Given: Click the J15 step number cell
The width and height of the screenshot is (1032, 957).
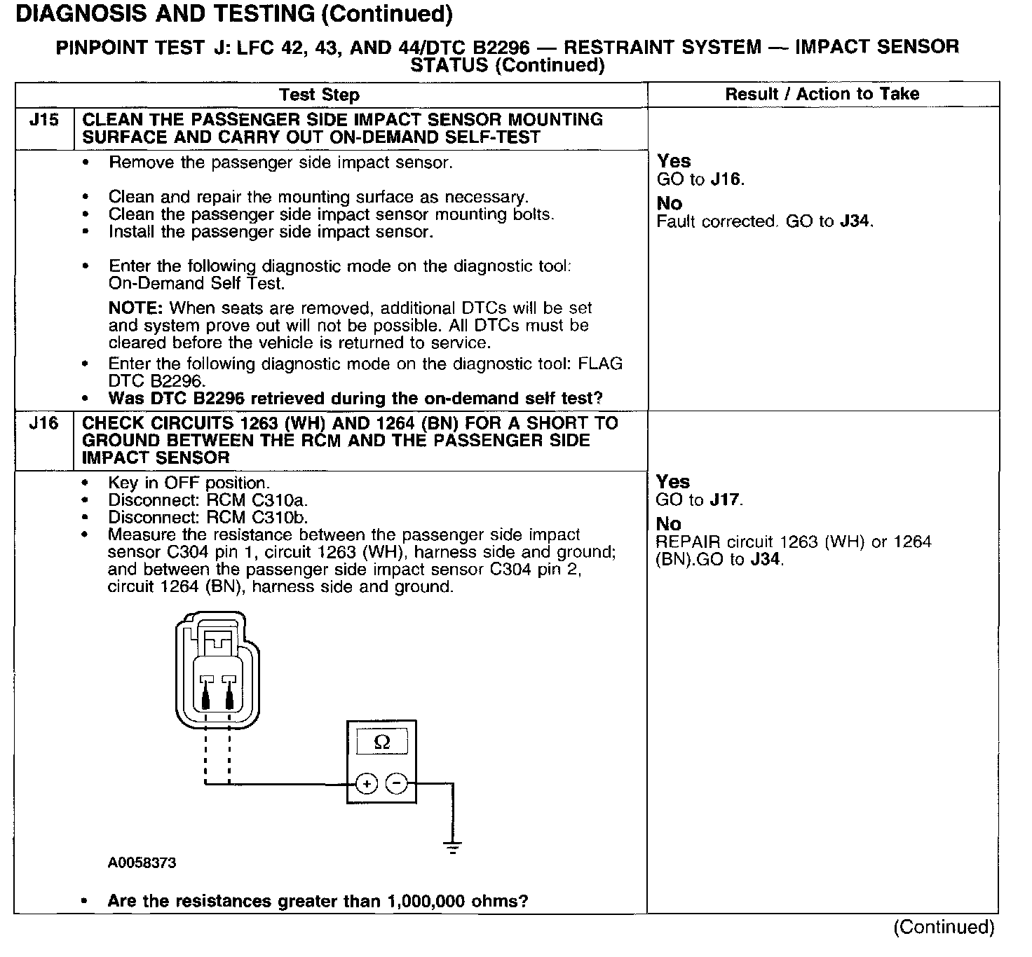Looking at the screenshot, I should pyautogui.click(x=43, y=120).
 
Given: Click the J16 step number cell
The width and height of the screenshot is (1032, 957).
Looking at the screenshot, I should pyautogui.click(x=43, y=423).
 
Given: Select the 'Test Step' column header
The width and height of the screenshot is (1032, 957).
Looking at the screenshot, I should pyautogui.click(x=319, y=95).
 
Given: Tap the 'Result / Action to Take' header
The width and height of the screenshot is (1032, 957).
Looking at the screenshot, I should pyautogui.click(x=822, y=94).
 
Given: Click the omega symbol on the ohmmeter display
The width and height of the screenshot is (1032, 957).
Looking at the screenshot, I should pyautogui.click(x=381, y=743).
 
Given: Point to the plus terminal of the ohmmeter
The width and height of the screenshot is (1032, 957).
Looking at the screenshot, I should pyautogui.click(x=367, y=783).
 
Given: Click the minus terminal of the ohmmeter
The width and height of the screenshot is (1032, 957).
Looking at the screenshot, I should pyautogui.click(x=397, y=783).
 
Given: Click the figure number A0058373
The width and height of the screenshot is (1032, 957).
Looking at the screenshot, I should pyautogui.click(x=142, y=863).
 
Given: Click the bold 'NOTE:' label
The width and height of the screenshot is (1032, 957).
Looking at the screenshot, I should pyautogui.click(x=136, y=308).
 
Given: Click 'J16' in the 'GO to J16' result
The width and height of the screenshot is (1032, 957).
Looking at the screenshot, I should pyautogui.click(x=726, y=179).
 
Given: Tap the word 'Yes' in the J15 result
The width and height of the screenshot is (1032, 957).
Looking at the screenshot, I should pyautogui.click(x=674, y=161).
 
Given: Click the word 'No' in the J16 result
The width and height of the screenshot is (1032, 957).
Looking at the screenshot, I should pyautogui.click(x=668, y=523).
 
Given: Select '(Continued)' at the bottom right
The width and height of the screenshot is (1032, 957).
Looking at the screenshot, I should pyautogui.click(x=944, y=928).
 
